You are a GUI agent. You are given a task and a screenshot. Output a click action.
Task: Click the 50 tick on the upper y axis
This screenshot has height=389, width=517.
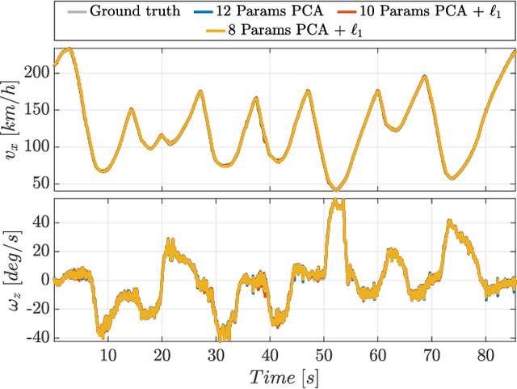41,184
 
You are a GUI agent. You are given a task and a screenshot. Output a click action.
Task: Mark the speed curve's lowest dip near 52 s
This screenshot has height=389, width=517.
336,189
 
